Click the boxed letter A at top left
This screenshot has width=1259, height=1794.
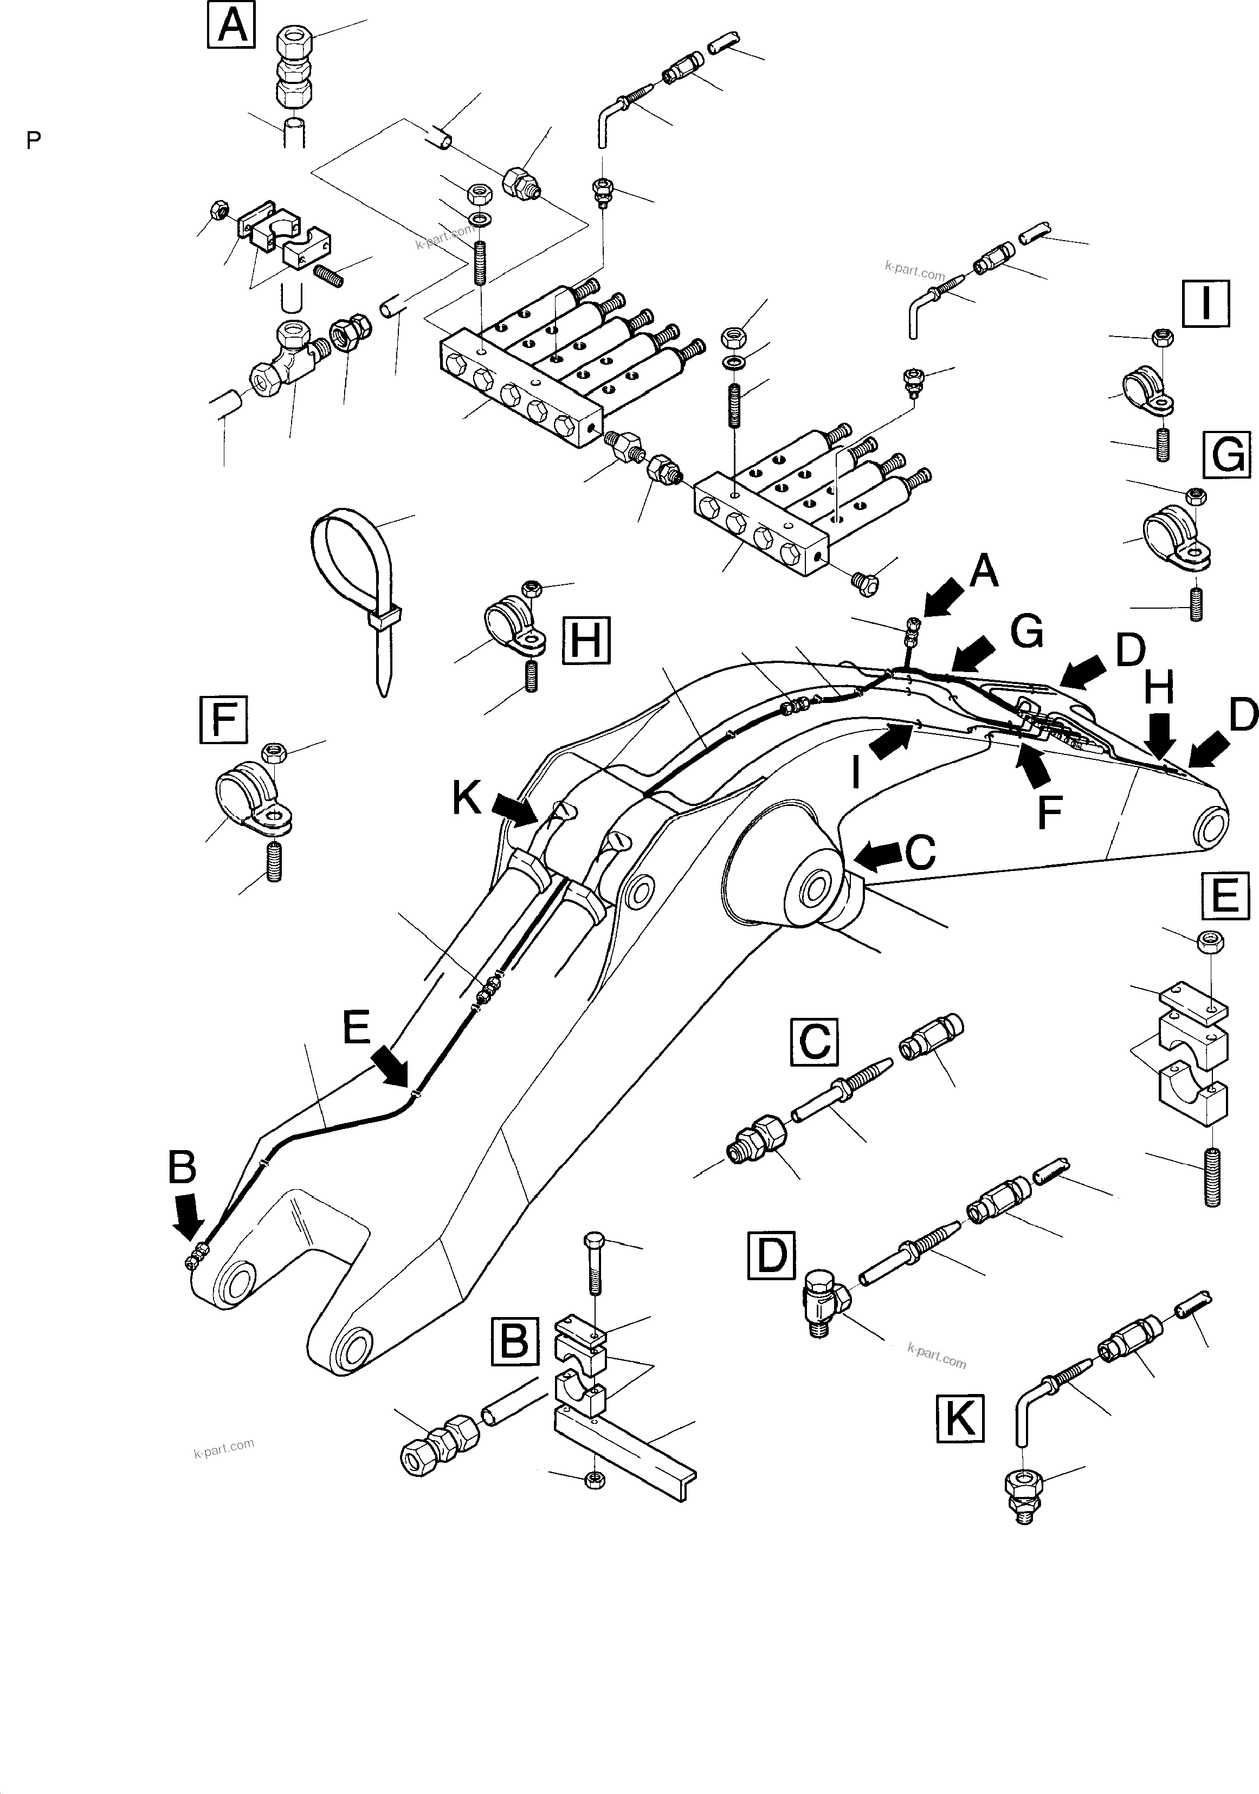tap(231, 26)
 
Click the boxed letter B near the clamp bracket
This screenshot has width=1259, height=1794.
tap(515, 1341)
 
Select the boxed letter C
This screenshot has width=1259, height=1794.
tap(815, 1042)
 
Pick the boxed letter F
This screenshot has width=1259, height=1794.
tap(223, 719)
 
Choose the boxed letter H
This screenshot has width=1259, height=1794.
tap(585, 641)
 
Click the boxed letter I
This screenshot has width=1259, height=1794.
tap(1206, 303)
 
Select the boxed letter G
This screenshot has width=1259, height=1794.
tap(1227, 455)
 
